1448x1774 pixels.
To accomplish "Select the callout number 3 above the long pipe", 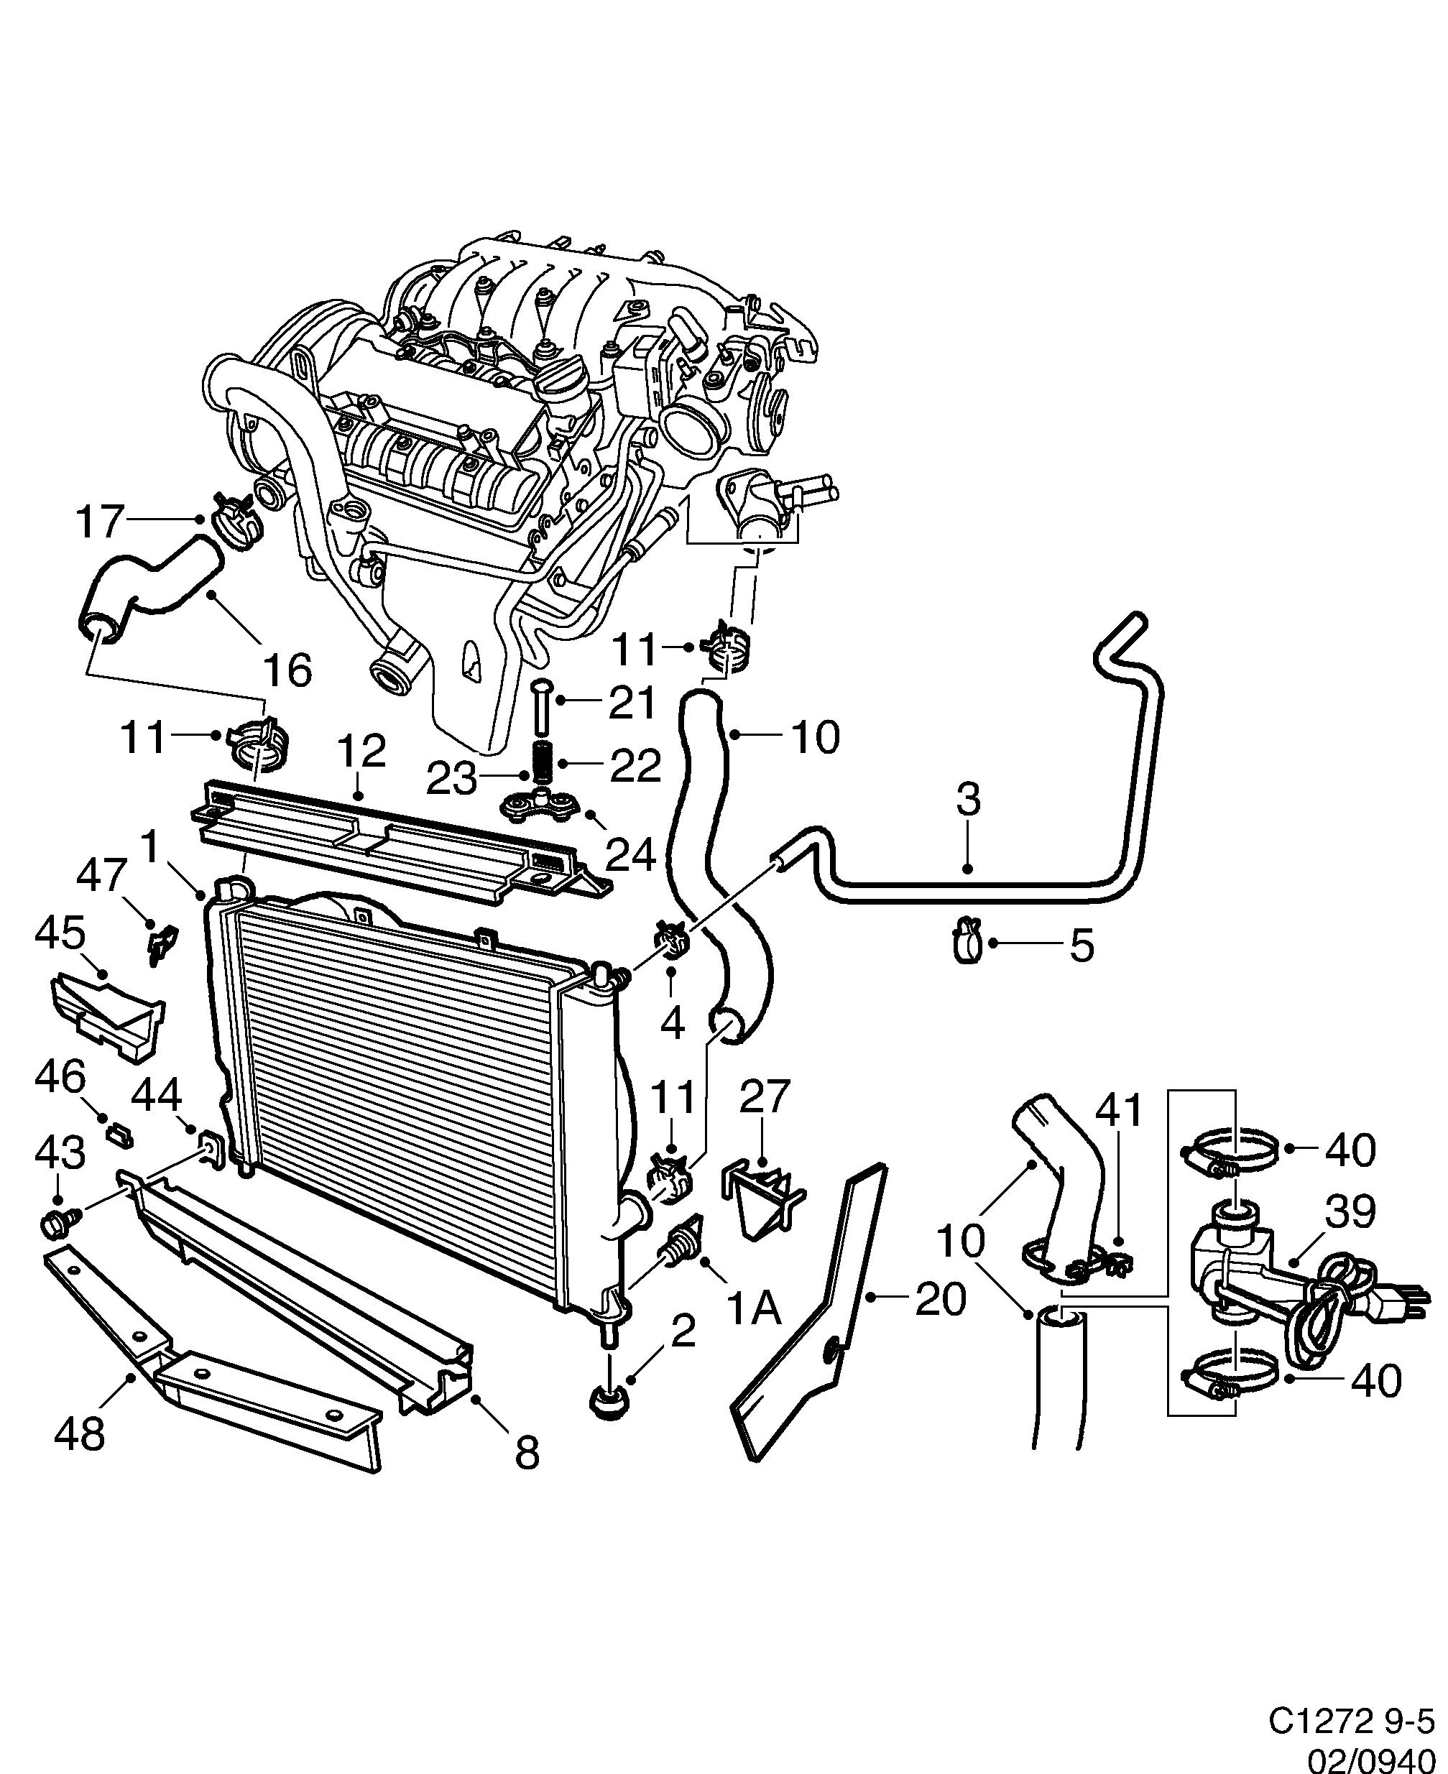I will pyautogui.click(x=967, y=799).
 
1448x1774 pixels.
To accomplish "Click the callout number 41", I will pyautogui.click(x=1117, y=1111).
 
